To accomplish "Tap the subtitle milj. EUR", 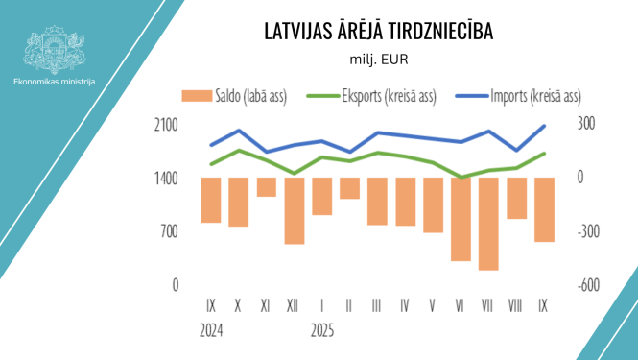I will click(379, 60).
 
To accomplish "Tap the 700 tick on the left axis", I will click(170, 231).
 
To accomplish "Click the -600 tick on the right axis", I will click(586, 285).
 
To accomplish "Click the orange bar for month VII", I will click(488, 224).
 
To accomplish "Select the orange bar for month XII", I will click(294, 210).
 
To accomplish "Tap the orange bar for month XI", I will click(266, 186).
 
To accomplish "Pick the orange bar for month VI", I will click(461, 219).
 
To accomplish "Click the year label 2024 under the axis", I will click(212, 329).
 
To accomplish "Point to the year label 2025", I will click(321, 329).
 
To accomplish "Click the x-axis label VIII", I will click(516, 306).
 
